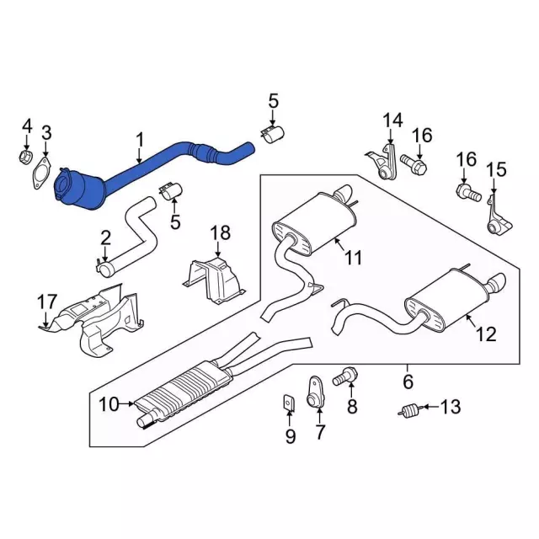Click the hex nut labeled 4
pos(24,157)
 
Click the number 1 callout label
pos(139,141)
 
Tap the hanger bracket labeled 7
pos(315,392)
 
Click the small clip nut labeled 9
pos(289,403)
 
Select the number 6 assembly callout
pos(408,382)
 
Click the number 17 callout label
pos(47,302)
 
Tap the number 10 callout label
pos(109,404)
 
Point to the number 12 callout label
pos(487,334)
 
